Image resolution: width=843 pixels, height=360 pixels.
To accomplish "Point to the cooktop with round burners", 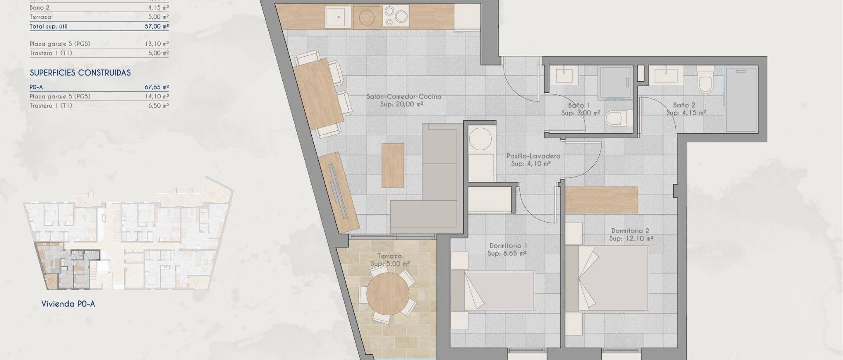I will [x=395, y=17].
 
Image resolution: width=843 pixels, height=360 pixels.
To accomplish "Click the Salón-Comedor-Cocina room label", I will [x=404, y=97].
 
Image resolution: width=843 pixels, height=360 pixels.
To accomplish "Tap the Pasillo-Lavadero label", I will [x=533, y=156].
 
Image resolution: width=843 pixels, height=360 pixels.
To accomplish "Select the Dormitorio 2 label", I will [x=630, y=231].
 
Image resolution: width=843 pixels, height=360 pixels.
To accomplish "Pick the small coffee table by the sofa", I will [x=393, y=165].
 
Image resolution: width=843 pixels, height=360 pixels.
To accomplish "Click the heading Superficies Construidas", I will [x=80, y=73].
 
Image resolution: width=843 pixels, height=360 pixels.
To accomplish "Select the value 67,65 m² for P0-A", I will [x=157, y=87].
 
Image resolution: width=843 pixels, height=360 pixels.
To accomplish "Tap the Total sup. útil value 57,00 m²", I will [x=157, y=26].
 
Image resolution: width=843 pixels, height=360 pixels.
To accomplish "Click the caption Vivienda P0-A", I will [x=68, y=304].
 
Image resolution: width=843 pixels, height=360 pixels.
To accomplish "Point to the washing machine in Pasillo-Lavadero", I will [x=481, y=140].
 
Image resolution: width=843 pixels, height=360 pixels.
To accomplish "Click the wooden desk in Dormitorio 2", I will [x=601, y=200].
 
